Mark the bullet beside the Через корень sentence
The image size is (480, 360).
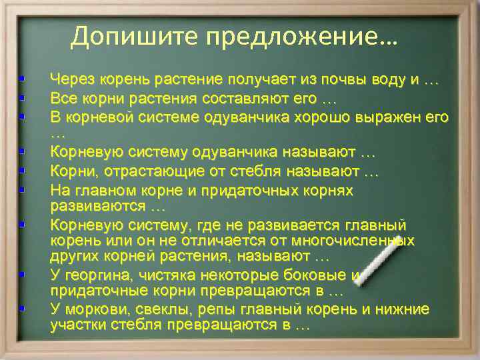tap(23, 80)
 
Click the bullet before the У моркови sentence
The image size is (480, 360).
tap(23, 310)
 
